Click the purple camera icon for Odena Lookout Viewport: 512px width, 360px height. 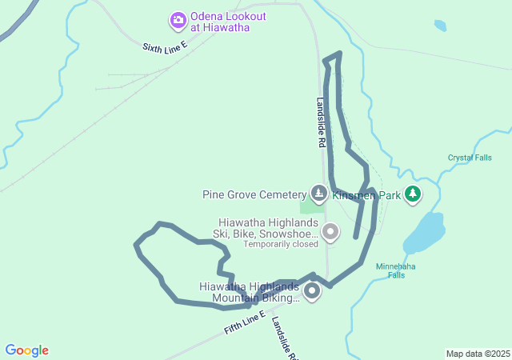click(178, 19)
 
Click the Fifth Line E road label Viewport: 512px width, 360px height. click(244, 323)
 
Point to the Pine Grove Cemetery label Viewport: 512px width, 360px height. click(254, 194)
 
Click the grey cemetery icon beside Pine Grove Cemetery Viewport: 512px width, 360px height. click(319, 194)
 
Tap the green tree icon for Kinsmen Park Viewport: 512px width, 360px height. click(412, 194)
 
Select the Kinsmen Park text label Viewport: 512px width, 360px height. click(366, 194)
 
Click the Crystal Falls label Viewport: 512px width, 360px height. click(470, 158)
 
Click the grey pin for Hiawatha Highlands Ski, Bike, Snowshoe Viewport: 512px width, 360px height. click(330, 232)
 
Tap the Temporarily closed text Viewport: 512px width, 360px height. click(280, 244)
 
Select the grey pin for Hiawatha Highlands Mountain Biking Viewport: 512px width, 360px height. click(310, 290)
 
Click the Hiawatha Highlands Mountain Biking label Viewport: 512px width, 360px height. click(250, 293)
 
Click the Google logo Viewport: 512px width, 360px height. click(27, 350)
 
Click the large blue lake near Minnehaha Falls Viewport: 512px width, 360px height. click(424, 233)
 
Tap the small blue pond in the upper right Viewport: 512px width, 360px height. click(440, 25)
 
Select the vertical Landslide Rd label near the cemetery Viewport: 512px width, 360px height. click(320, 122)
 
